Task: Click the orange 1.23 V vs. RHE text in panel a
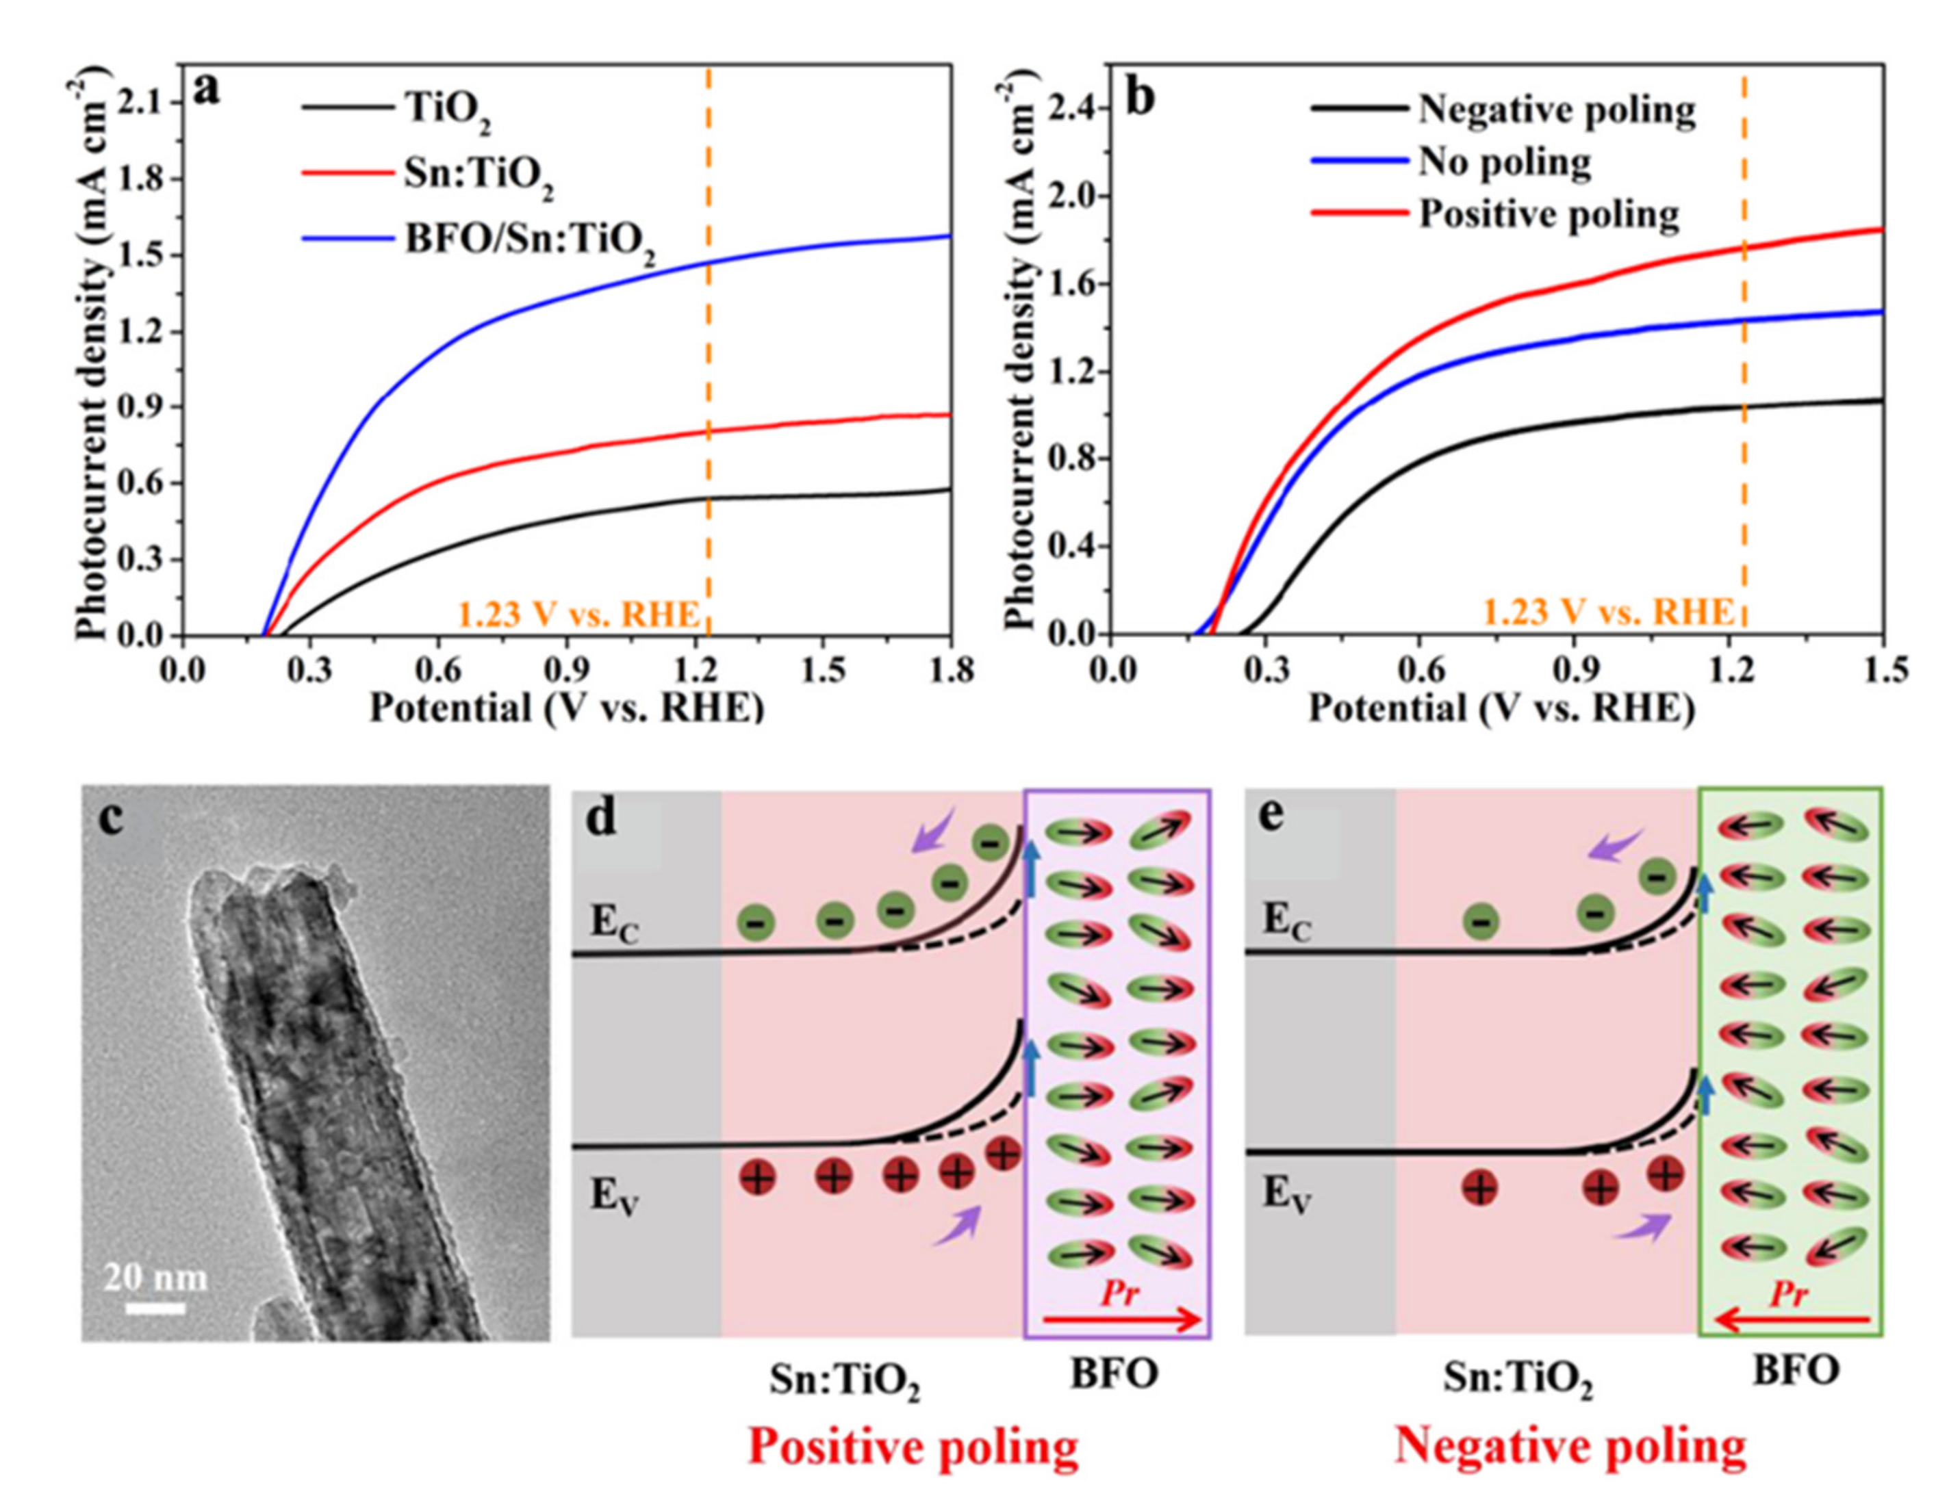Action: (579, 614)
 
